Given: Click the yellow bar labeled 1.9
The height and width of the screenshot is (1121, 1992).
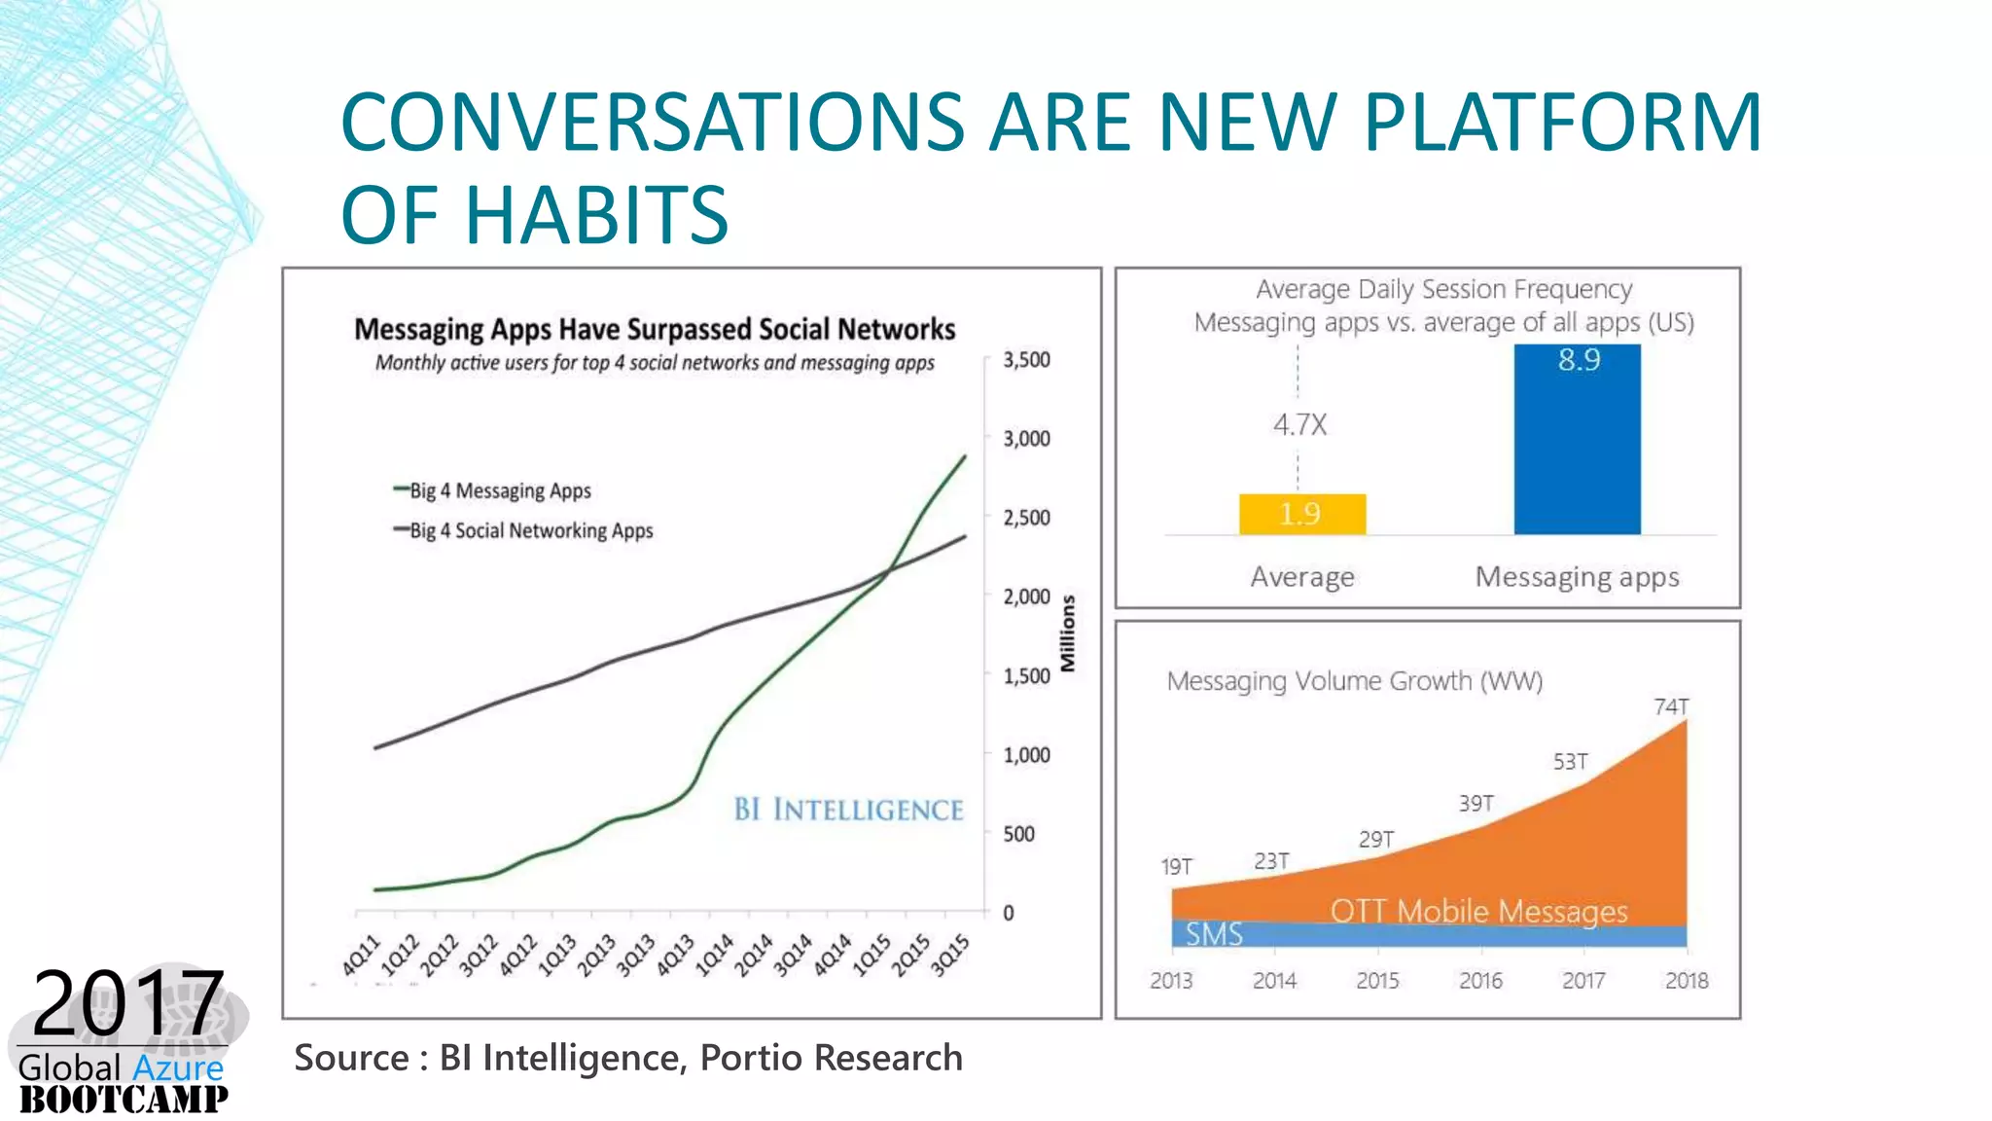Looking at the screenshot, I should (x=1301, y=514).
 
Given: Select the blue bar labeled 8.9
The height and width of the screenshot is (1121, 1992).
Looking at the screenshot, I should (x=1577, y=440).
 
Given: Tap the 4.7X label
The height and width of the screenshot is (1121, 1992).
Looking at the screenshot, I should (x=1299, y=425).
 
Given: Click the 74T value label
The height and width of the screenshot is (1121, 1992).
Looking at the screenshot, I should (x=1671, y=706).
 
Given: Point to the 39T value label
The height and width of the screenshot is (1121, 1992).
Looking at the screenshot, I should (x=1476, y=804).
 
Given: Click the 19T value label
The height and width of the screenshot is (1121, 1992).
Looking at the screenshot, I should (x=1176, y=866).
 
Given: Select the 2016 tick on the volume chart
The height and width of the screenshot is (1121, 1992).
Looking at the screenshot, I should (x=1480, y=981).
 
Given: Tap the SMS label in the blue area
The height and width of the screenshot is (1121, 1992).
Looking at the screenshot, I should (x=1214, y=934).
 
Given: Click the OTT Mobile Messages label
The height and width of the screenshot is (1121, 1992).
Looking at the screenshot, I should (x=1478, y=912).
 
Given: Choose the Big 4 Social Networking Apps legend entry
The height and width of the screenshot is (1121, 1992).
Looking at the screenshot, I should (x=530, y=530).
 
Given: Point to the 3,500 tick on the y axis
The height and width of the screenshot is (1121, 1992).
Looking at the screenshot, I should (x=1026, y=360).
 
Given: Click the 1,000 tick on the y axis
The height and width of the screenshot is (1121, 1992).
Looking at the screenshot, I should (x=1026, y=755).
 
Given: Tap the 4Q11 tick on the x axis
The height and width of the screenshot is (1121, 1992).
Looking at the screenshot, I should (x=362, y=955).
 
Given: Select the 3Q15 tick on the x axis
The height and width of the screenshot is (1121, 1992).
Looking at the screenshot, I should (x=950, y=955).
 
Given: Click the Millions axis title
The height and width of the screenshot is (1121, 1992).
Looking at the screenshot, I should (x=1068, y=633).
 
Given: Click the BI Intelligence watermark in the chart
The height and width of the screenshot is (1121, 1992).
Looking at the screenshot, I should (x=848, y=810).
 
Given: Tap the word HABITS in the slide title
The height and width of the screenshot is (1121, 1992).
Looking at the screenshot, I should (x=596, y=215).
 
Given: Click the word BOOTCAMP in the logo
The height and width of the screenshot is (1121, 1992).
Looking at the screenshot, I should (x=124, y=1100).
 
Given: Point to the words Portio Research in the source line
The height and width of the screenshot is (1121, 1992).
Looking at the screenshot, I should (x=831, y=1058).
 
